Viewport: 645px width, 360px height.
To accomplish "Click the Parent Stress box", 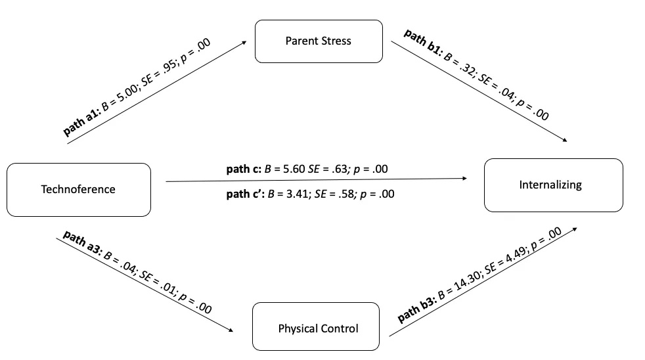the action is (x=319, y=41).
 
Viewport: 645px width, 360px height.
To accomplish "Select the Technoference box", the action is (x=79, y=190).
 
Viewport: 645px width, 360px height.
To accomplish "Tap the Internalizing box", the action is (x=553, y=185).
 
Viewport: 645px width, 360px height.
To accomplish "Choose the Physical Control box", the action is (x=316, y=326).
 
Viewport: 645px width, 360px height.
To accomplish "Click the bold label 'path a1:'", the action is (x=81, y=122).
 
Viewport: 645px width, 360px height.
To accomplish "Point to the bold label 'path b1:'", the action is (x=423, y=41).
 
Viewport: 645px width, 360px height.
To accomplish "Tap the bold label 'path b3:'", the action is (x=416, y=309).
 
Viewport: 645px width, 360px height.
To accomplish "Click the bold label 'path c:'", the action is (x=244, y=169).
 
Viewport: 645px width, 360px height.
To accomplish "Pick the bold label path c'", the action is (x=245, y=194).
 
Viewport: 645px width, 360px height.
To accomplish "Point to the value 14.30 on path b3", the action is (x=466, y=281).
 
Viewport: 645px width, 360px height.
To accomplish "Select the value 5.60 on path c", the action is (x=294, y=169).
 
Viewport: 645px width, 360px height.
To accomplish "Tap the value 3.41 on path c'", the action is (x=298, y=194).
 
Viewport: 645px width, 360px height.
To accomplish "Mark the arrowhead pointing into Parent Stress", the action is (x=244, y=42).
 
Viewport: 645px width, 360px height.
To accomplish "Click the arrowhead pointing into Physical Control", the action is (x=231, y=330).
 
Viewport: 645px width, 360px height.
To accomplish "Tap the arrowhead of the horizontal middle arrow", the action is (x=464, y=178).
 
